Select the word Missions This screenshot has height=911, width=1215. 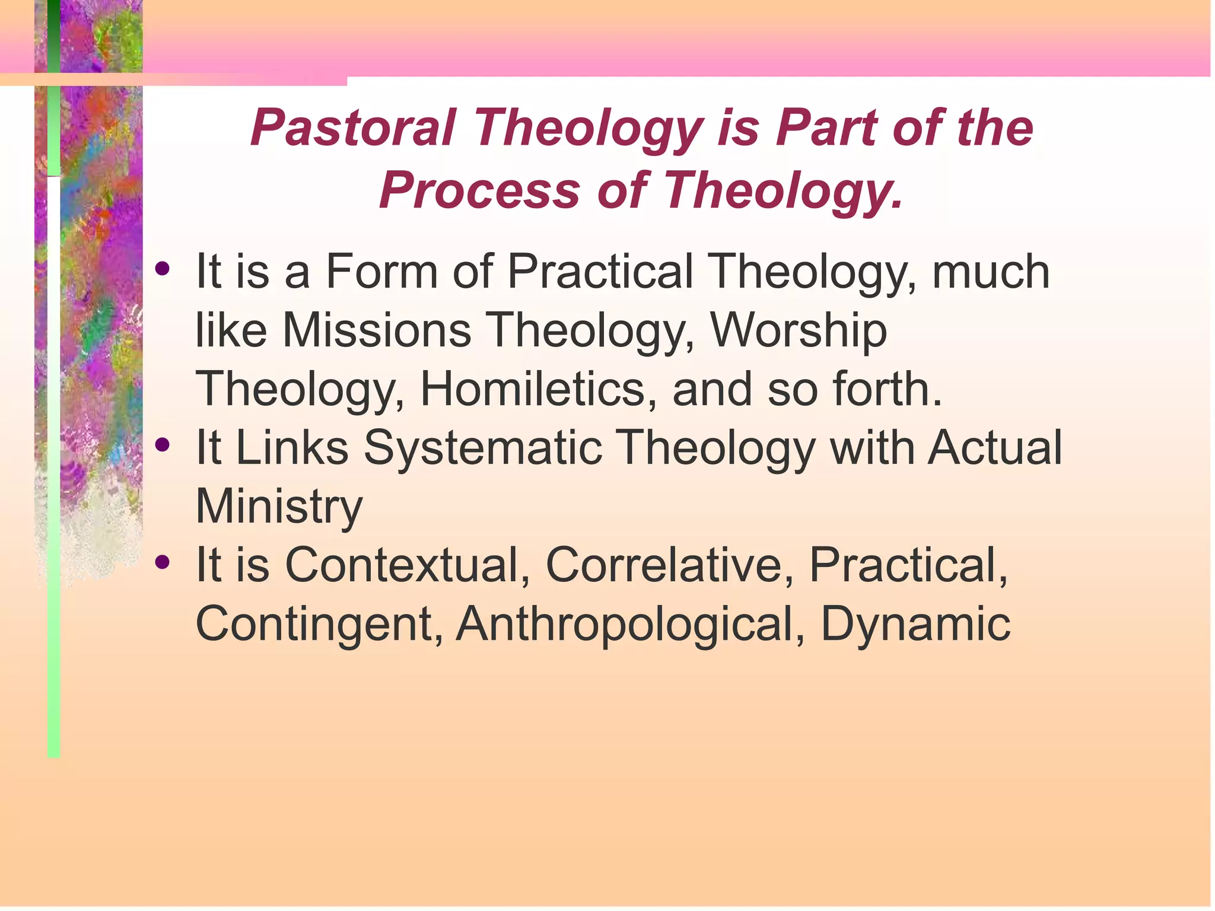[x=377, y=330]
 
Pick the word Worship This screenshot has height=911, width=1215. [x=799, y=330]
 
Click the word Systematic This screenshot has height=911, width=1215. [x=482, y=448]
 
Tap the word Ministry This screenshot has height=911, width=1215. [x=279, y=507]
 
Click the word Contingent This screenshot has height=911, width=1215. [x=319, y=624]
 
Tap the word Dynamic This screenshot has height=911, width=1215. [x=915, y=624]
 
